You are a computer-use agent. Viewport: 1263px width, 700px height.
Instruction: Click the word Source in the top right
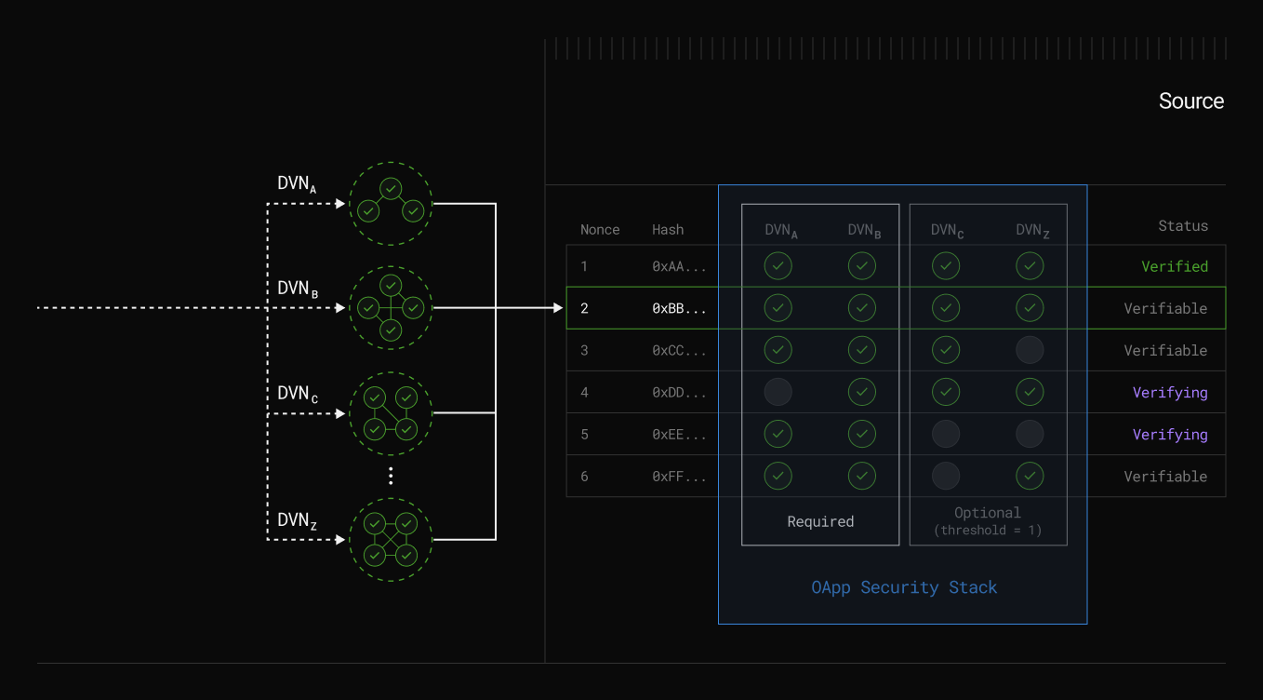pyautogui.click(x=1190, y=101)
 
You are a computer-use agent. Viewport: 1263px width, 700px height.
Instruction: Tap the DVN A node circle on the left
pyautogui.click(x=391, y=204)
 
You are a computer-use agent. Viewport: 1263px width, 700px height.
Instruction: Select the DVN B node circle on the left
pyautogui.click(x=391, y=307)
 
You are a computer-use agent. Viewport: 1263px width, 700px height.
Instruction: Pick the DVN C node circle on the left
pyautogui.click(x=391, y=413)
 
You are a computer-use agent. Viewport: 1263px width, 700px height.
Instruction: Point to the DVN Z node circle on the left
pyautogui.click(x=391, y=539)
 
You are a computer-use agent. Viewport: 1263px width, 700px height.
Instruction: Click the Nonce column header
pyautogui.click(x=600, y=230)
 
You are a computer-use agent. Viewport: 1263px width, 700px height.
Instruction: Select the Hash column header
pyautogui.click(x=668, y=230)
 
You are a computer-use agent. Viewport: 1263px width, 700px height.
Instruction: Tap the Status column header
pyautogui.click(x=1182, y=226)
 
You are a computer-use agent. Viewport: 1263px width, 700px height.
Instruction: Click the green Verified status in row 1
pyautogui.click(x=1175, y=267)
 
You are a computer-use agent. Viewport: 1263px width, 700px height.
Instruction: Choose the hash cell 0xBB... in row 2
pyautogui.click(x=679, y=309)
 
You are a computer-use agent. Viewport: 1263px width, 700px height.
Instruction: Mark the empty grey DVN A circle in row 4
pyautogui.click(x=778, y=392)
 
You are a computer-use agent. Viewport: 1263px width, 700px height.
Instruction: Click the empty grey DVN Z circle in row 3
pyautogui.click(x=1029, y=350)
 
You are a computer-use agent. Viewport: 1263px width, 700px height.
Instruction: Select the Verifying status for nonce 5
pyautogui.click(x=1170, y=435)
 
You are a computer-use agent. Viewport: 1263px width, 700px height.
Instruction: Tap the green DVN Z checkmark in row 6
pyautogui.click(x=1029, y=476)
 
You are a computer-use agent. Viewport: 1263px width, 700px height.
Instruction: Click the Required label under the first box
pyautogui.click(x=820, y=521)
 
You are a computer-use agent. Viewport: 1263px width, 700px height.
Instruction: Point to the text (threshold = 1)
pyautogui.click(x=988, y=531)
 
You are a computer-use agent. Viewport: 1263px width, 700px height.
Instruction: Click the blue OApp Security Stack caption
pyautogui.click(x=904, y=587)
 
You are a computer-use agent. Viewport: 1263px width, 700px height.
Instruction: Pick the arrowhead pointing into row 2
pyautogui.click(x=557, y=307)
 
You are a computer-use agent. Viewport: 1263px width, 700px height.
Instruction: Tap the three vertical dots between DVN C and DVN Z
pyautogui.click(x=391, y=476)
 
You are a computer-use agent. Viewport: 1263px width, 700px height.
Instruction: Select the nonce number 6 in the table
pyautogui.click(x=584, y=477)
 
